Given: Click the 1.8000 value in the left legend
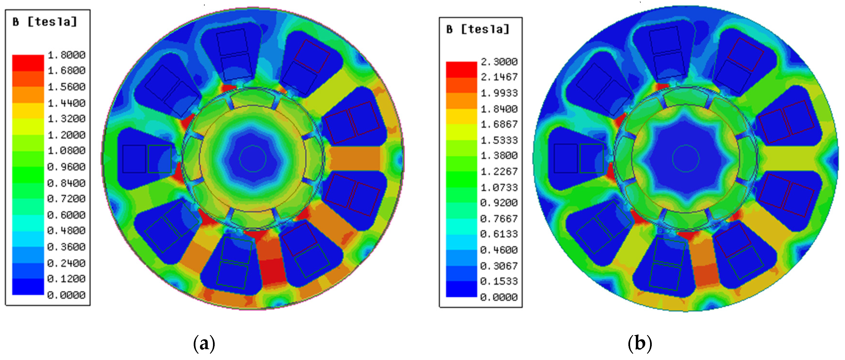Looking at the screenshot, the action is (x=67, y=55).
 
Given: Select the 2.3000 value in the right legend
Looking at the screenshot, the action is (x=499, y=62).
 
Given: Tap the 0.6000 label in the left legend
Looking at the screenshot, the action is (x=67, y=215).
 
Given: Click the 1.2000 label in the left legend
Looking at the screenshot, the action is (x=67, y=135).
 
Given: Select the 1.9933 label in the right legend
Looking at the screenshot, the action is (x=499, y=93).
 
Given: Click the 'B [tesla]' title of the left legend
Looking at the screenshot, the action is (x=45, y=22).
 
